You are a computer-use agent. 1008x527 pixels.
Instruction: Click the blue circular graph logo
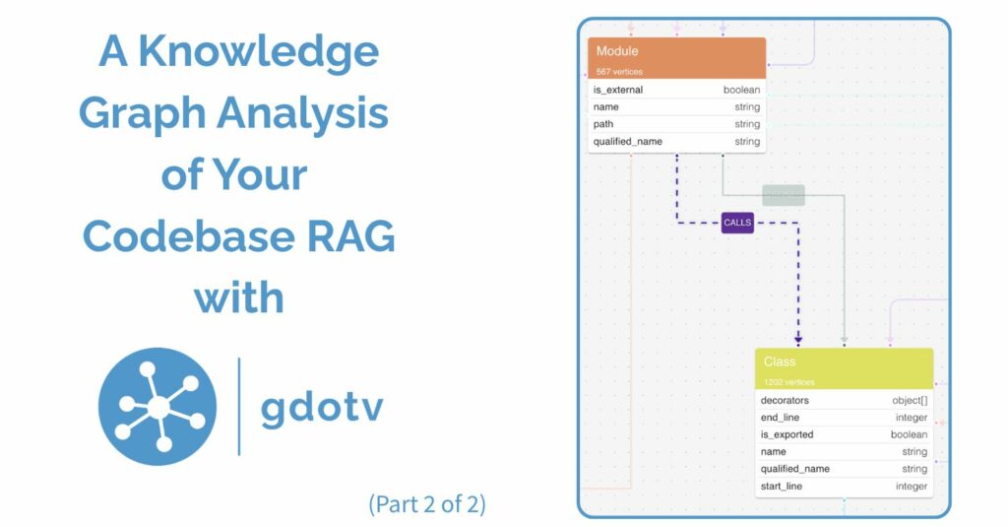(157, 407)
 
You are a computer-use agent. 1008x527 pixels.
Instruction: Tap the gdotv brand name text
(322, 407)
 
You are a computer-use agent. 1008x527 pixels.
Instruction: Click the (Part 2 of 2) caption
(427, 504)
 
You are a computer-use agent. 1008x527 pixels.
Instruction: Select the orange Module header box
(676, 57)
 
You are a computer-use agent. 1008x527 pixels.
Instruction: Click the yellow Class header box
(844, 368)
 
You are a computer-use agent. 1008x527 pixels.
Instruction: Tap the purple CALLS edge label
(737, 223)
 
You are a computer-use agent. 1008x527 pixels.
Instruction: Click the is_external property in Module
(618, 90)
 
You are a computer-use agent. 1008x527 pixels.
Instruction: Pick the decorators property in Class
(785, 401)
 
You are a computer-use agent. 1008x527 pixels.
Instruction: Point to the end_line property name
(780, 418)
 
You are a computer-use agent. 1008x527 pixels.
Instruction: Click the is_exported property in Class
(787, 434)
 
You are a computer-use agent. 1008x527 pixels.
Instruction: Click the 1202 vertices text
(788, 382)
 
